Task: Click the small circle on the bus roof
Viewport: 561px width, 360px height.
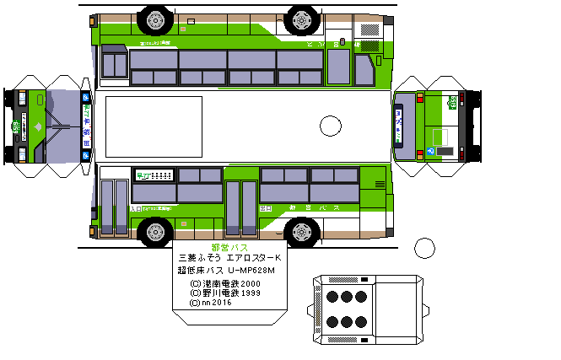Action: (x=330, y=126)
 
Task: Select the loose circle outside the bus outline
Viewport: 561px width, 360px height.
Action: (x=425, y=249)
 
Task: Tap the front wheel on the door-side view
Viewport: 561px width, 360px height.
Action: (x=154, y=230)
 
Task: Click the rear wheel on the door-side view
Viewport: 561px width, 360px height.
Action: (x=301, y=230)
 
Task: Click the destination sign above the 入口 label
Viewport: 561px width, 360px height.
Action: (x=154, y=175)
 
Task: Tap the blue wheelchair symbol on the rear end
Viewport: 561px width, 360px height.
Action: (x=430, y=151)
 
